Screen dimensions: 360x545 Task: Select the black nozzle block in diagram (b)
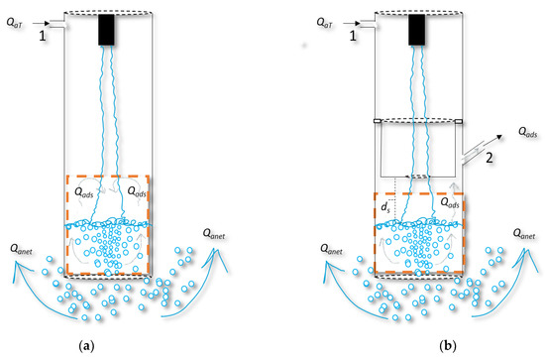[x=419, y=30]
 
